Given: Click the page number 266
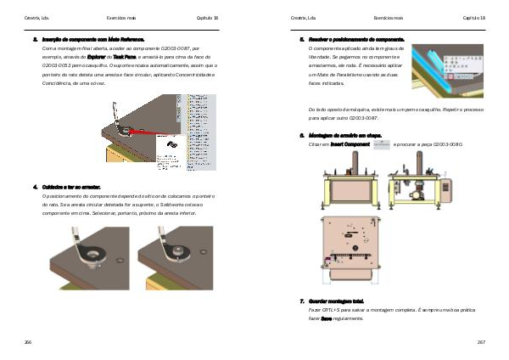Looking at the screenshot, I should click(x=29, y=341).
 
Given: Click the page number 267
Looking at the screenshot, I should click(x=481, y=341).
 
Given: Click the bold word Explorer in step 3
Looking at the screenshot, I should click(x=98, y=57).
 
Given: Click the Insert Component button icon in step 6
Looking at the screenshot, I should click(x=382, y=144).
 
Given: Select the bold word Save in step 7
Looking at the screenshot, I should click(x=326, y=318).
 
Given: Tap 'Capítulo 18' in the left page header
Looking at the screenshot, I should click(x=208, y=17).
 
